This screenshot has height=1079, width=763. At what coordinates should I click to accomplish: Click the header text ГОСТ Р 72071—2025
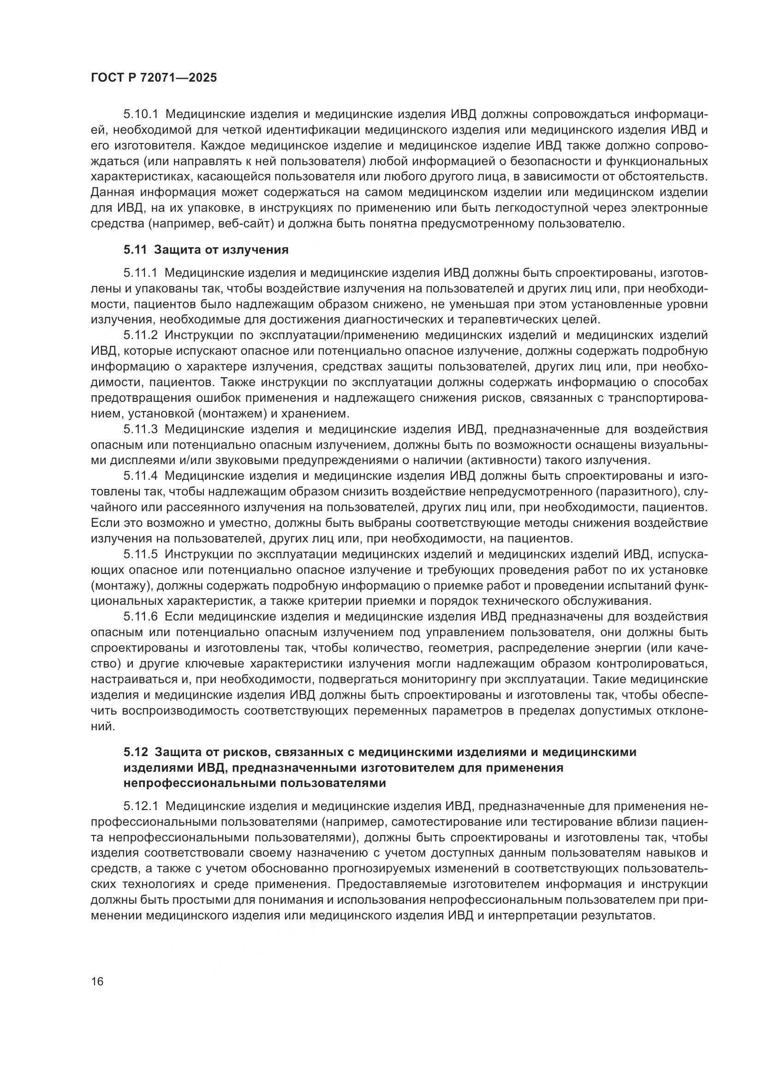[154, 78]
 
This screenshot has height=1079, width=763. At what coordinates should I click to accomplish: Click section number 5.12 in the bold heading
[136, 752]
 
